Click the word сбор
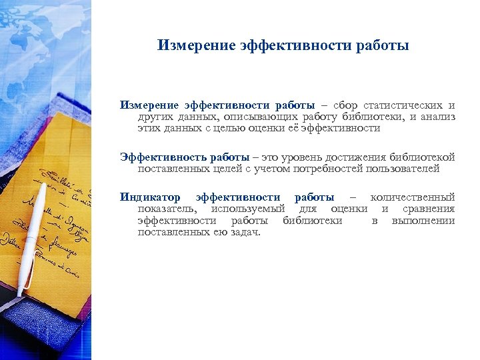(x=345, y=105)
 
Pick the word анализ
(x=437, y=117)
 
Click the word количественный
(x=413, y=197)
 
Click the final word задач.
(x=245, y=232)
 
